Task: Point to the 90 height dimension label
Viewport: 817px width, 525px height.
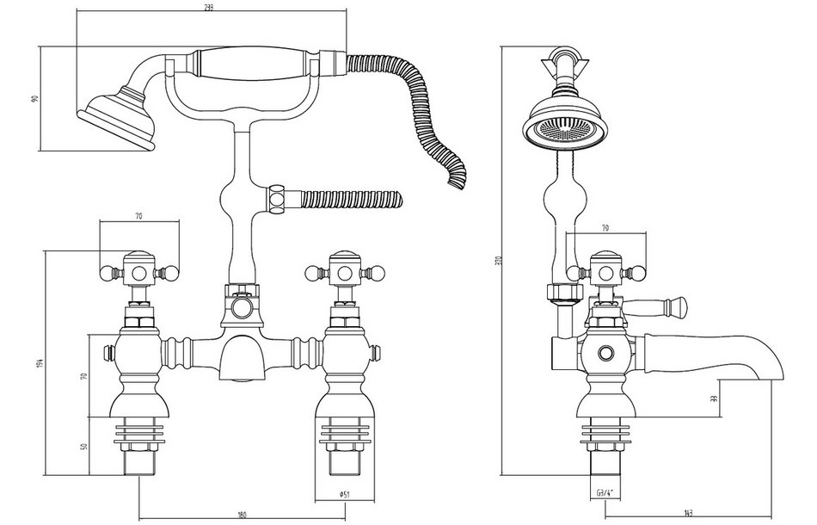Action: [x=35, y=97]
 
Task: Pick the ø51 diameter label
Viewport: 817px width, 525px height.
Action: [x=343, y=495]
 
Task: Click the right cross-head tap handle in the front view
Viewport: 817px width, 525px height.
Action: [x=341, y=274]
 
